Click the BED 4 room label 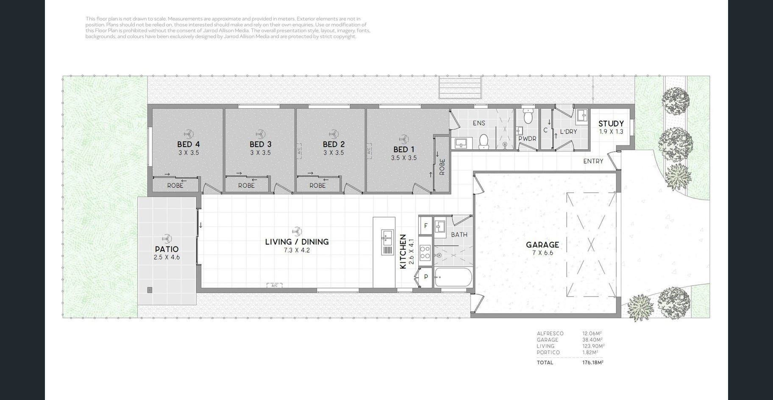pyautogui.click(x=188, y=144)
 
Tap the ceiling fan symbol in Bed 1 pyautogui.click(x=403, y=139)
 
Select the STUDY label pyautogui.click(x=611, y=124)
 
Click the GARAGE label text pyautogui.click(x=542, y=244)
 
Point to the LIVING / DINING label pyautogui.click(x=297, y=242)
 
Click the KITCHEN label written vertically pyautogui.click(x=403, y=251)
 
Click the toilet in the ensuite pyautogui.click(x=484, y=142)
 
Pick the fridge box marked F pyautogui.click(x=425, y=226)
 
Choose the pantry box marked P pyautogui.click(x=425, y=277)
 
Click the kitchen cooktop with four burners pyautogui.click(x=425, y=253)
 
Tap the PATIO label pyautogui.click(x=167, y=249)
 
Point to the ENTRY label pyautogui.click(x=593, y=161)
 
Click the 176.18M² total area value pyautogui.click(x=593, y=363)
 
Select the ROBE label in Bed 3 pyautogui.click(x=246, y=186)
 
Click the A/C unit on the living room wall pyautogui.click(x=274, y=286)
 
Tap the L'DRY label pyautogui.click(x=568, y=132)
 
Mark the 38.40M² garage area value pyautogui.click(x=592, y=340)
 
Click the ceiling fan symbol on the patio pyautogui.click(x=167, y=238)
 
